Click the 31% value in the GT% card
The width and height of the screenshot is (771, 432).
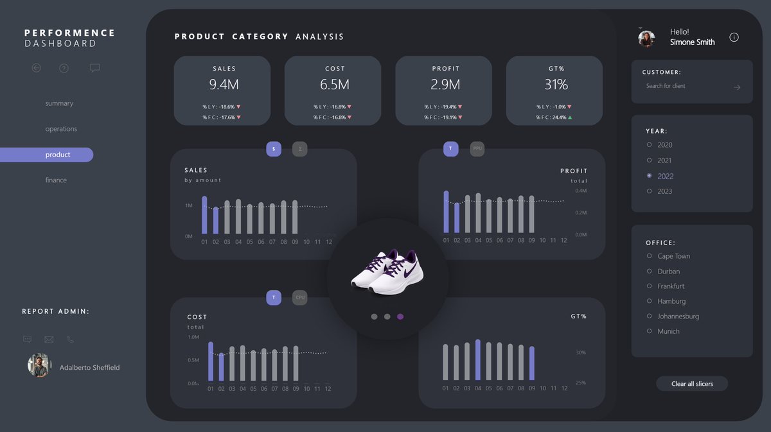[556, 84]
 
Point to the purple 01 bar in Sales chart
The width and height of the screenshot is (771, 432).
[204, 215]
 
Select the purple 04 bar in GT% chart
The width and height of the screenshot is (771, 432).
[477, 359]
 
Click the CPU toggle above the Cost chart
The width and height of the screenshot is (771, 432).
[299, 298]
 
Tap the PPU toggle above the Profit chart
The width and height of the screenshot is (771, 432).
[477, 149]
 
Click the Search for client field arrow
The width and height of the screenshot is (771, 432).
[737, 87]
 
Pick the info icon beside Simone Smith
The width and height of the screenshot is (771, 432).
[734, 37]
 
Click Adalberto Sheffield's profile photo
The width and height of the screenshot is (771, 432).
[39, 365]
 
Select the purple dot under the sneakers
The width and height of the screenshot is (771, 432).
[400, 316]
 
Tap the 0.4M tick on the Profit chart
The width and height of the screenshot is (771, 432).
[581, 191]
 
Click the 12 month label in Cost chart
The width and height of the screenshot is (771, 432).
[328, 389]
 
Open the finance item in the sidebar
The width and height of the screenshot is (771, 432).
[56, 180]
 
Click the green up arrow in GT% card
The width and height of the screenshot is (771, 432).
[570, 117]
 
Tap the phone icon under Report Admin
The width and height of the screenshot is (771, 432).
[71, 340]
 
